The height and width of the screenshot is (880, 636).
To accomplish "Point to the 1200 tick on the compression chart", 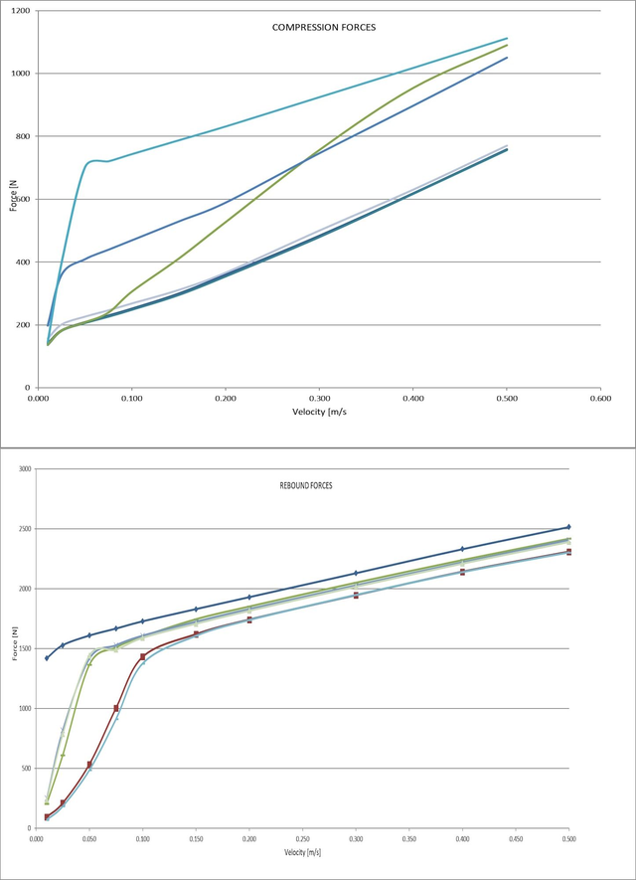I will point(20,11).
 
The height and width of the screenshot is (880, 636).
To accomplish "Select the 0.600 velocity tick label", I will point(599,398).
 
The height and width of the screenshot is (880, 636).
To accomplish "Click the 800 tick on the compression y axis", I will point(22,136).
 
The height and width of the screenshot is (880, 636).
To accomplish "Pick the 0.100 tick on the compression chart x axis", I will point(131,398).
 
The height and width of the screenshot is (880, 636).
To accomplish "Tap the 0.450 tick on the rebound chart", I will point(515,839).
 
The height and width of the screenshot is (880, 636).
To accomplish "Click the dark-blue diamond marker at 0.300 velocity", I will point(356,573).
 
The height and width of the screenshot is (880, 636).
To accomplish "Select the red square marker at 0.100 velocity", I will point(143,656).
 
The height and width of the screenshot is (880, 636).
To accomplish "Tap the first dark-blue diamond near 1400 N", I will point(47,658).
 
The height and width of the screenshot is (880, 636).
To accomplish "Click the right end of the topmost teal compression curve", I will point(507,39).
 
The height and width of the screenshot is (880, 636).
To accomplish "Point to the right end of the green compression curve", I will point(507,45).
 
